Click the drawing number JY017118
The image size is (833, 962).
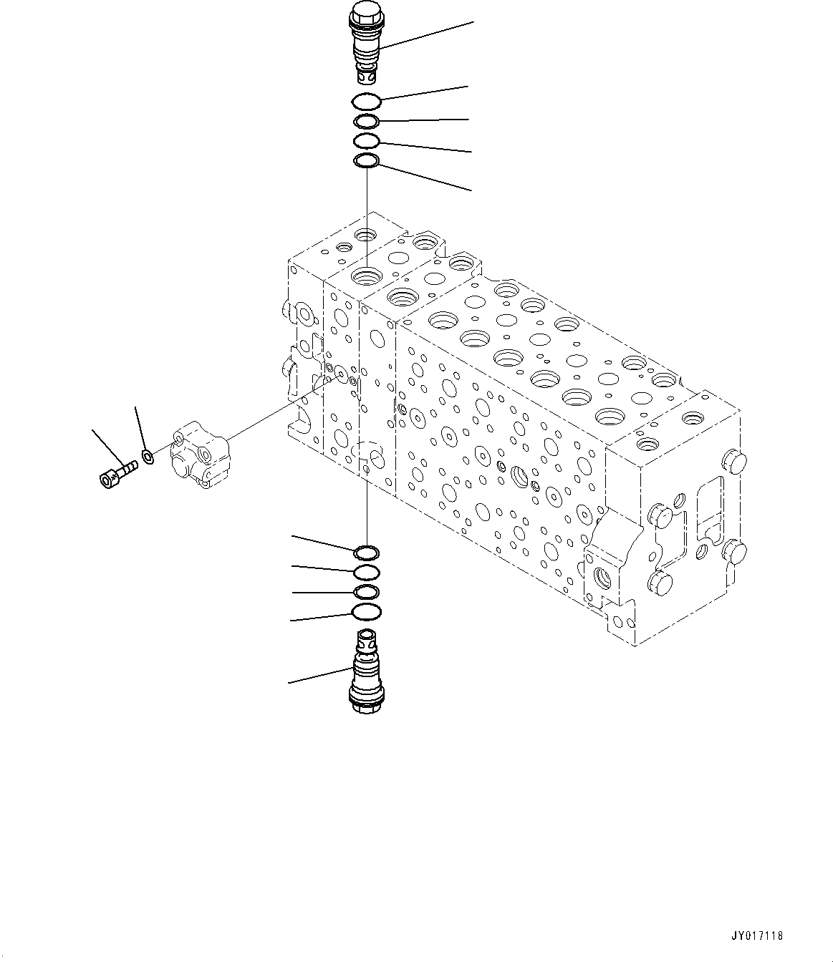pyautogui.click(x=759, y=936)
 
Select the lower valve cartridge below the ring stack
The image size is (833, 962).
pyautogui.click(x=366, y=669)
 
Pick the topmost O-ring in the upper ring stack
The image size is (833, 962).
pyautogui.click(x=367, y=102)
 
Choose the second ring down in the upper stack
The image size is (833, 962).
pyautogui.click(x=367, y=121)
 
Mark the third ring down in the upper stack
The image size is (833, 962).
pyautogui.click(x=367, y=140)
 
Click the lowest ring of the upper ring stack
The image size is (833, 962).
pyautogui.click(x=367, y=162)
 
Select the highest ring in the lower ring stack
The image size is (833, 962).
pyautogui.click(x=367, y=553)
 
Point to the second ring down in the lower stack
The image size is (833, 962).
pyautogui.click(x=367, y=571)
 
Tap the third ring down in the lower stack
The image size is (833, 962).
pyautogui.click(x=367, y=591)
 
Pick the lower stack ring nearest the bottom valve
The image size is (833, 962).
pyautogui.click(x=367, y=611)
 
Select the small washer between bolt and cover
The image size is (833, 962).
pyautogui.click(x=148, y=456)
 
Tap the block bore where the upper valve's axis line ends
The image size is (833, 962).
pyautogui.click(x=367, y=275)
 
